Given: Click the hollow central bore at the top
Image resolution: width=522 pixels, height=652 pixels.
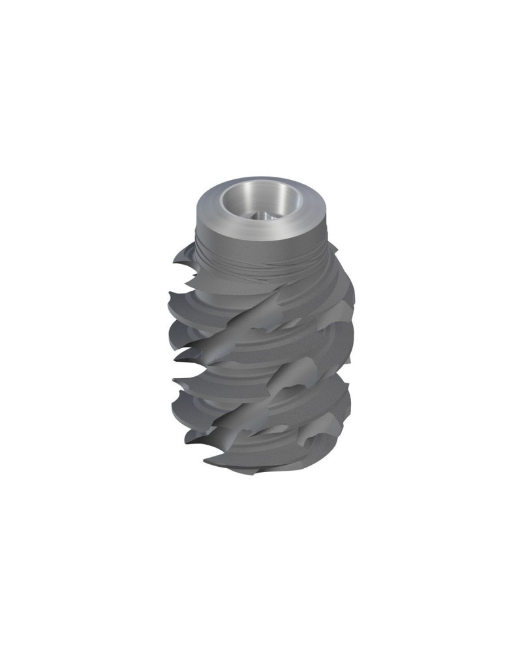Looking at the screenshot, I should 261,199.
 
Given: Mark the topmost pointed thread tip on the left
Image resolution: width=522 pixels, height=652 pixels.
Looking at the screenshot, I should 174,263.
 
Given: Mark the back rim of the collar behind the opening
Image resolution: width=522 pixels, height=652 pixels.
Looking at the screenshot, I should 261,180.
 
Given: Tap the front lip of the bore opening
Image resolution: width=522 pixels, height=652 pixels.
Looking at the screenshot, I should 261,220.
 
